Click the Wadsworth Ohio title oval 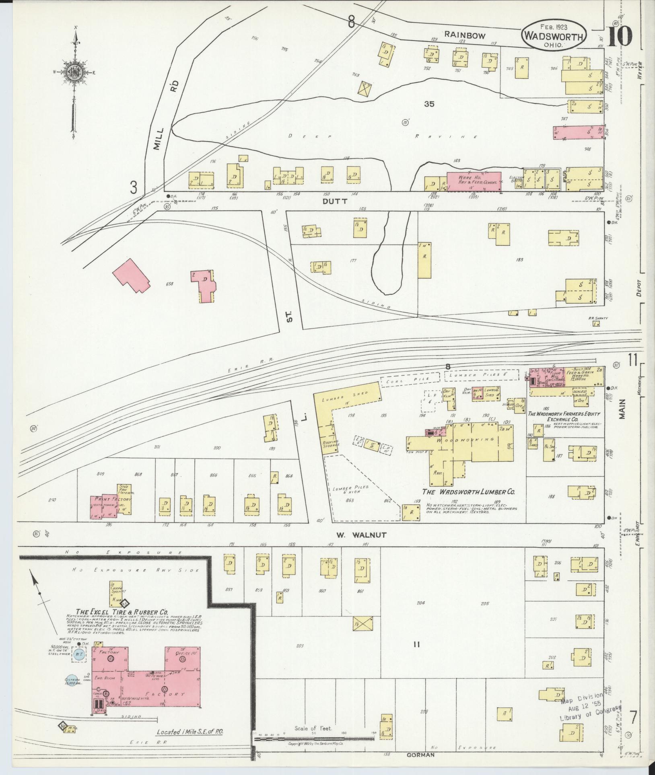pos(554,35)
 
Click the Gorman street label pos(420,755)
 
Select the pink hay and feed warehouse pos(474,182)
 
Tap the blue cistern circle pos(72,680)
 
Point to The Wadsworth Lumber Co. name pos(469,491)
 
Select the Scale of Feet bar pos(314,738)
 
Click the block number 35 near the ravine pos(429,104)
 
